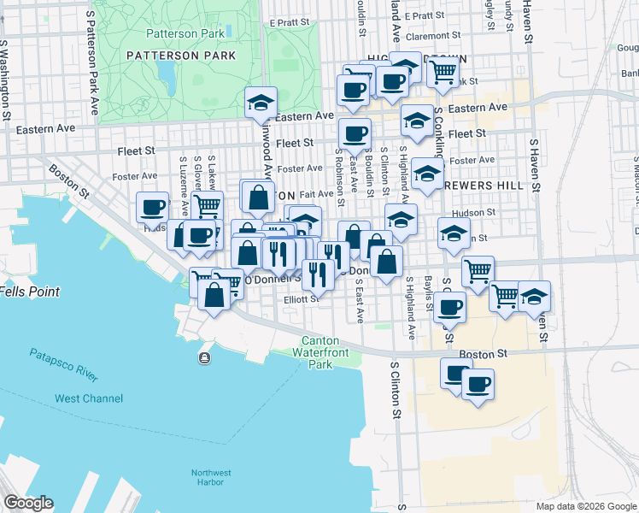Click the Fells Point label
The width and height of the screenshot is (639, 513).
[30, 292]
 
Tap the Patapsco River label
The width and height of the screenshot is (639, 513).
[64, 364]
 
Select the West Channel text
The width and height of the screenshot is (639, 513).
[89, 398]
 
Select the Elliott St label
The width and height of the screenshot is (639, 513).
[302, 299]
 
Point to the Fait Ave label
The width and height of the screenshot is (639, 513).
[316, 194]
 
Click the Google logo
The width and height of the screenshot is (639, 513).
[27, 503]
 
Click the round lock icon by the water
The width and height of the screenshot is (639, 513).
[205, 357]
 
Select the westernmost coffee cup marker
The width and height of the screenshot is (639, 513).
[153, 207]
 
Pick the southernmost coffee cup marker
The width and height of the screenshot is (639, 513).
[478, 382]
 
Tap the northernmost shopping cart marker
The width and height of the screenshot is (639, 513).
[442, 74]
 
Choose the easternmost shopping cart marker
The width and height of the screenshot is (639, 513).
[506, 296]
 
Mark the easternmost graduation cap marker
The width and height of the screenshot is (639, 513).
[535, 297]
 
